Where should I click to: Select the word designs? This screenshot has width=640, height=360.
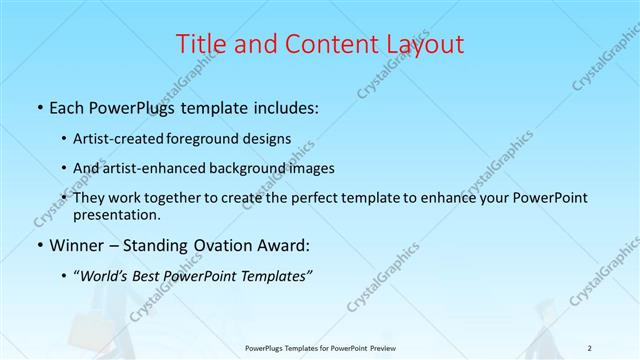pos(269,138)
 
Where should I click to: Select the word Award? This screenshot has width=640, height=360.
pos(283,245)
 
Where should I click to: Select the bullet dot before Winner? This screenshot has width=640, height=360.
pos(38,245)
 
